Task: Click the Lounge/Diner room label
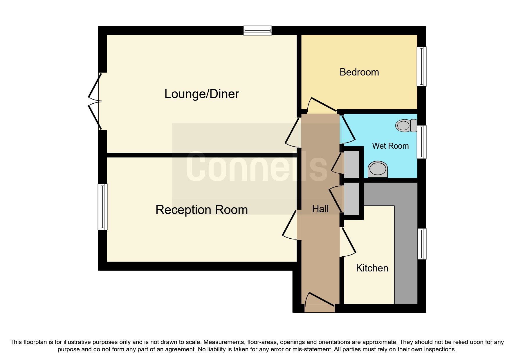[x=201, y=94]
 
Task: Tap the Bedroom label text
[x=359, y=72]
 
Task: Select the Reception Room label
[x=201, y=210]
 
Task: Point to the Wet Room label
[x=390, y=146]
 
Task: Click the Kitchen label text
[x=372, y=268]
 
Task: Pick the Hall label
[x=320, y=209]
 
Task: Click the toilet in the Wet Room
[x=405, y=126]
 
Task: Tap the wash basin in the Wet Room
[x=378, y=169]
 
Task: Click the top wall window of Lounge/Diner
[x=257, y=30]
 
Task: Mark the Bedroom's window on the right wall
[x=421, y=66]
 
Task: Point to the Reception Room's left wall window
[x=102, y=207]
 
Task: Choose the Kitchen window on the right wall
[x=422, y=244]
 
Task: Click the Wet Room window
[x=421, y=142]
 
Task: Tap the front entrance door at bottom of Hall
[x=320, y=305]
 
